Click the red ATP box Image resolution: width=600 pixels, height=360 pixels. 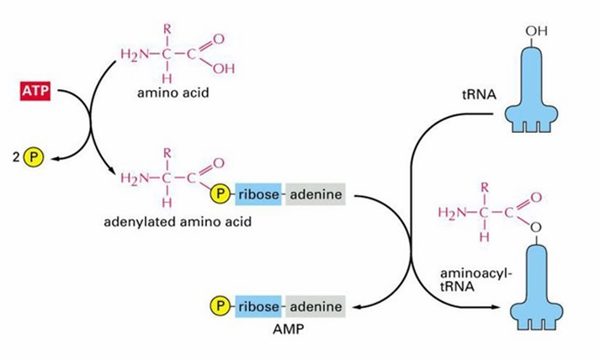pos(35,91)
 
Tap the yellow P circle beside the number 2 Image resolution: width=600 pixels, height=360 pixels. pos(34,157)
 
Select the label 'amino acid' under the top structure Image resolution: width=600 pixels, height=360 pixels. pos(173,93)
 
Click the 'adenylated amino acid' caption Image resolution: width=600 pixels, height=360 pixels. pos(178,222)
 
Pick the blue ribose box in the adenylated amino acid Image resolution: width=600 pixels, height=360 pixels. pos(258,194)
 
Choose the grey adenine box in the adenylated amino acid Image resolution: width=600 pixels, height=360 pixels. pos(316,194)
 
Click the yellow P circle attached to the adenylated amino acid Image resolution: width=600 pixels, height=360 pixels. pos(220,194)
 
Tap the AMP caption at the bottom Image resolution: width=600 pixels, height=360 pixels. pos(288,330)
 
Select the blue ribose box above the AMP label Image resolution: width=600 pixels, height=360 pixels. pos(258,306)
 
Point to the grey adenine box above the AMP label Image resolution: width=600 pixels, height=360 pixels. pos(316,306)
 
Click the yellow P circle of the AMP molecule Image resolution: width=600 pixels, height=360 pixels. pos(220,306)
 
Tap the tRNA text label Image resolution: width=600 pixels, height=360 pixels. pos(479,94)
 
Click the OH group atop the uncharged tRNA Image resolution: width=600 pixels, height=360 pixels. pos(537,31)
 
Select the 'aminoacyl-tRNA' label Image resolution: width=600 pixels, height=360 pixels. pos(475,279)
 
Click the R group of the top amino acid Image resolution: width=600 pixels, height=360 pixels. pos(167,29)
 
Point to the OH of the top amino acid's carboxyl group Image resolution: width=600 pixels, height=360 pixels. pos(224,69)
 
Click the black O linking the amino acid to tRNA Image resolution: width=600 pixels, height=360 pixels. pos(536,228)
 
